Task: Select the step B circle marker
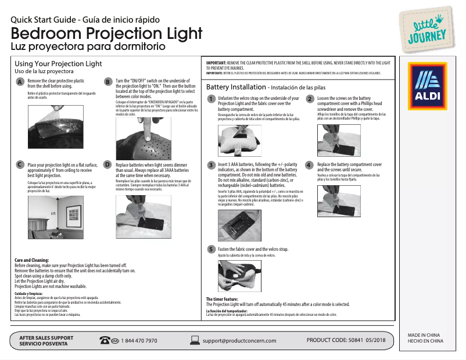[x=107, y=82]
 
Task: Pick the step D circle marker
[x=107, y=165]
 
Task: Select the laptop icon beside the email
[x=195, y=340]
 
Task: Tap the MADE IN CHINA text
[x=424, y=336]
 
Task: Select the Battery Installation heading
[x=236, y=87]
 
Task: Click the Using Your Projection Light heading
[x=58, y=64]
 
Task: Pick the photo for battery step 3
[x=235, y=225]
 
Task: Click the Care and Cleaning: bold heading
[x=31, y=260]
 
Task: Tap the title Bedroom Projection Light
[x=106, y=33]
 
